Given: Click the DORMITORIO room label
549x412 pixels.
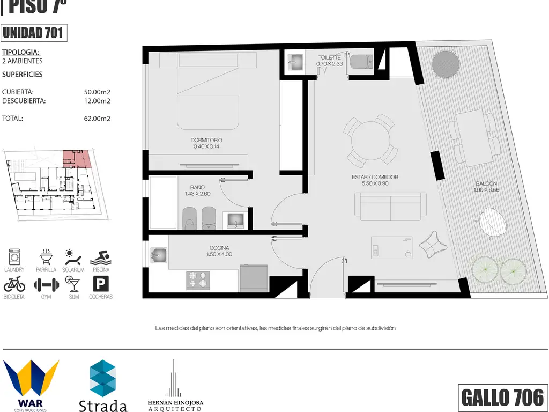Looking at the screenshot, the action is point(206,140).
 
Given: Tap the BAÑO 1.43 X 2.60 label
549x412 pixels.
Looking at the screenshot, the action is point(197,190).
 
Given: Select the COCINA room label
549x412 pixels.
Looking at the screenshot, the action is point(219,248).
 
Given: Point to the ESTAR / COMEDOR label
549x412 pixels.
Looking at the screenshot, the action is point(375,177).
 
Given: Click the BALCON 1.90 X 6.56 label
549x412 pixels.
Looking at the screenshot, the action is point(486,187).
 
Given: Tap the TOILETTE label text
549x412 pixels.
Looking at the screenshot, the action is point(329,57).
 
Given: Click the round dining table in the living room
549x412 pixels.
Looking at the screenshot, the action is point(370,141).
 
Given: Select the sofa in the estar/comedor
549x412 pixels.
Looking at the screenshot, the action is point(390,207).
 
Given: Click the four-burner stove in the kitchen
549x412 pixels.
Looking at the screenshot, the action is point(198,280).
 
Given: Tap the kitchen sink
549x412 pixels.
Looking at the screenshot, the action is point(159,255).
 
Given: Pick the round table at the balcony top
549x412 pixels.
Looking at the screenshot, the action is point(446,65).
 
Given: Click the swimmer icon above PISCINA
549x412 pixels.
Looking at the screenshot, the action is point(101,257).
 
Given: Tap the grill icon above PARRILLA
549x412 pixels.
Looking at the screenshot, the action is point(46,257).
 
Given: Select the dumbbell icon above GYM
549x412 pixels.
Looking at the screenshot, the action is point(46,285).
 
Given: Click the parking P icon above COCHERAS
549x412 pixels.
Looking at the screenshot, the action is point(101,284).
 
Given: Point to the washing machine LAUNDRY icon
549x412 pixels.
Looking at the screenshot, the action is point(14,257).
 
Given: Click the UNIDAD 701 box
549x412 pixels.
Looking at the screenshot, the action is point(34,33).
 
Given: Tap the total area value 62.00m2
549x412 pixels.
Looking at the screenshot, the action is point(97,119).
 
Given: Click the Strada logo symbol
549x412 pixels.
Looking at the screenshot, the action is point(102,378).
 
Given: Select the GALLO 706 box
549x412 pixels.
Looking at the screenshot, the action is point(503,398).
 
